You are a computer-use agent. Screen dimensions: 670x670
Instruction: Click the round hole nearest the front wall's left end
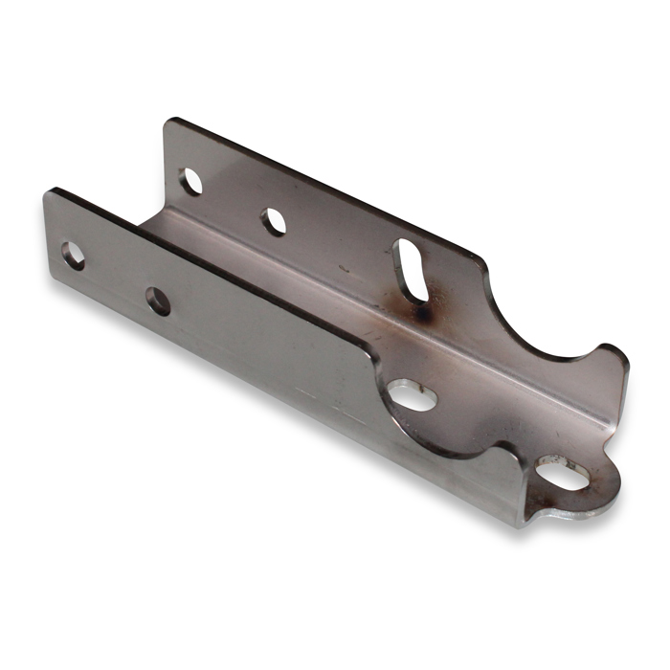pyautogui.click(x=73, y=255)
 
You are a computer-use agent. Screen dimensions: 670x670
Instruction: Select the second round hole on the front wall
pyautogui.click(x=158, y=301)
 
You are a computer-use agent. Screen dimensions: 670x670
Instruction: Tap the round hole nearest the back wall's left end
pyautogui.click(x=191, y=181)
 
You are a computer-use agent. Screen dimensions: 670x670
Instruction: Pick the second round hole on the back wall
pyautogui.click(x=275, y=222)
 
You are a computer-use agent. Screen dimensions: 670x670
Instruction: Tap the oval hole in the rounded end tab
pyautogui.click(x=562, y=472)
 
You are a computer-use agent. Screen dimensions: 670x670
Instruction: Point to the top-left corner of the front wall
pyautogui.click(x=48, y=191)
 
